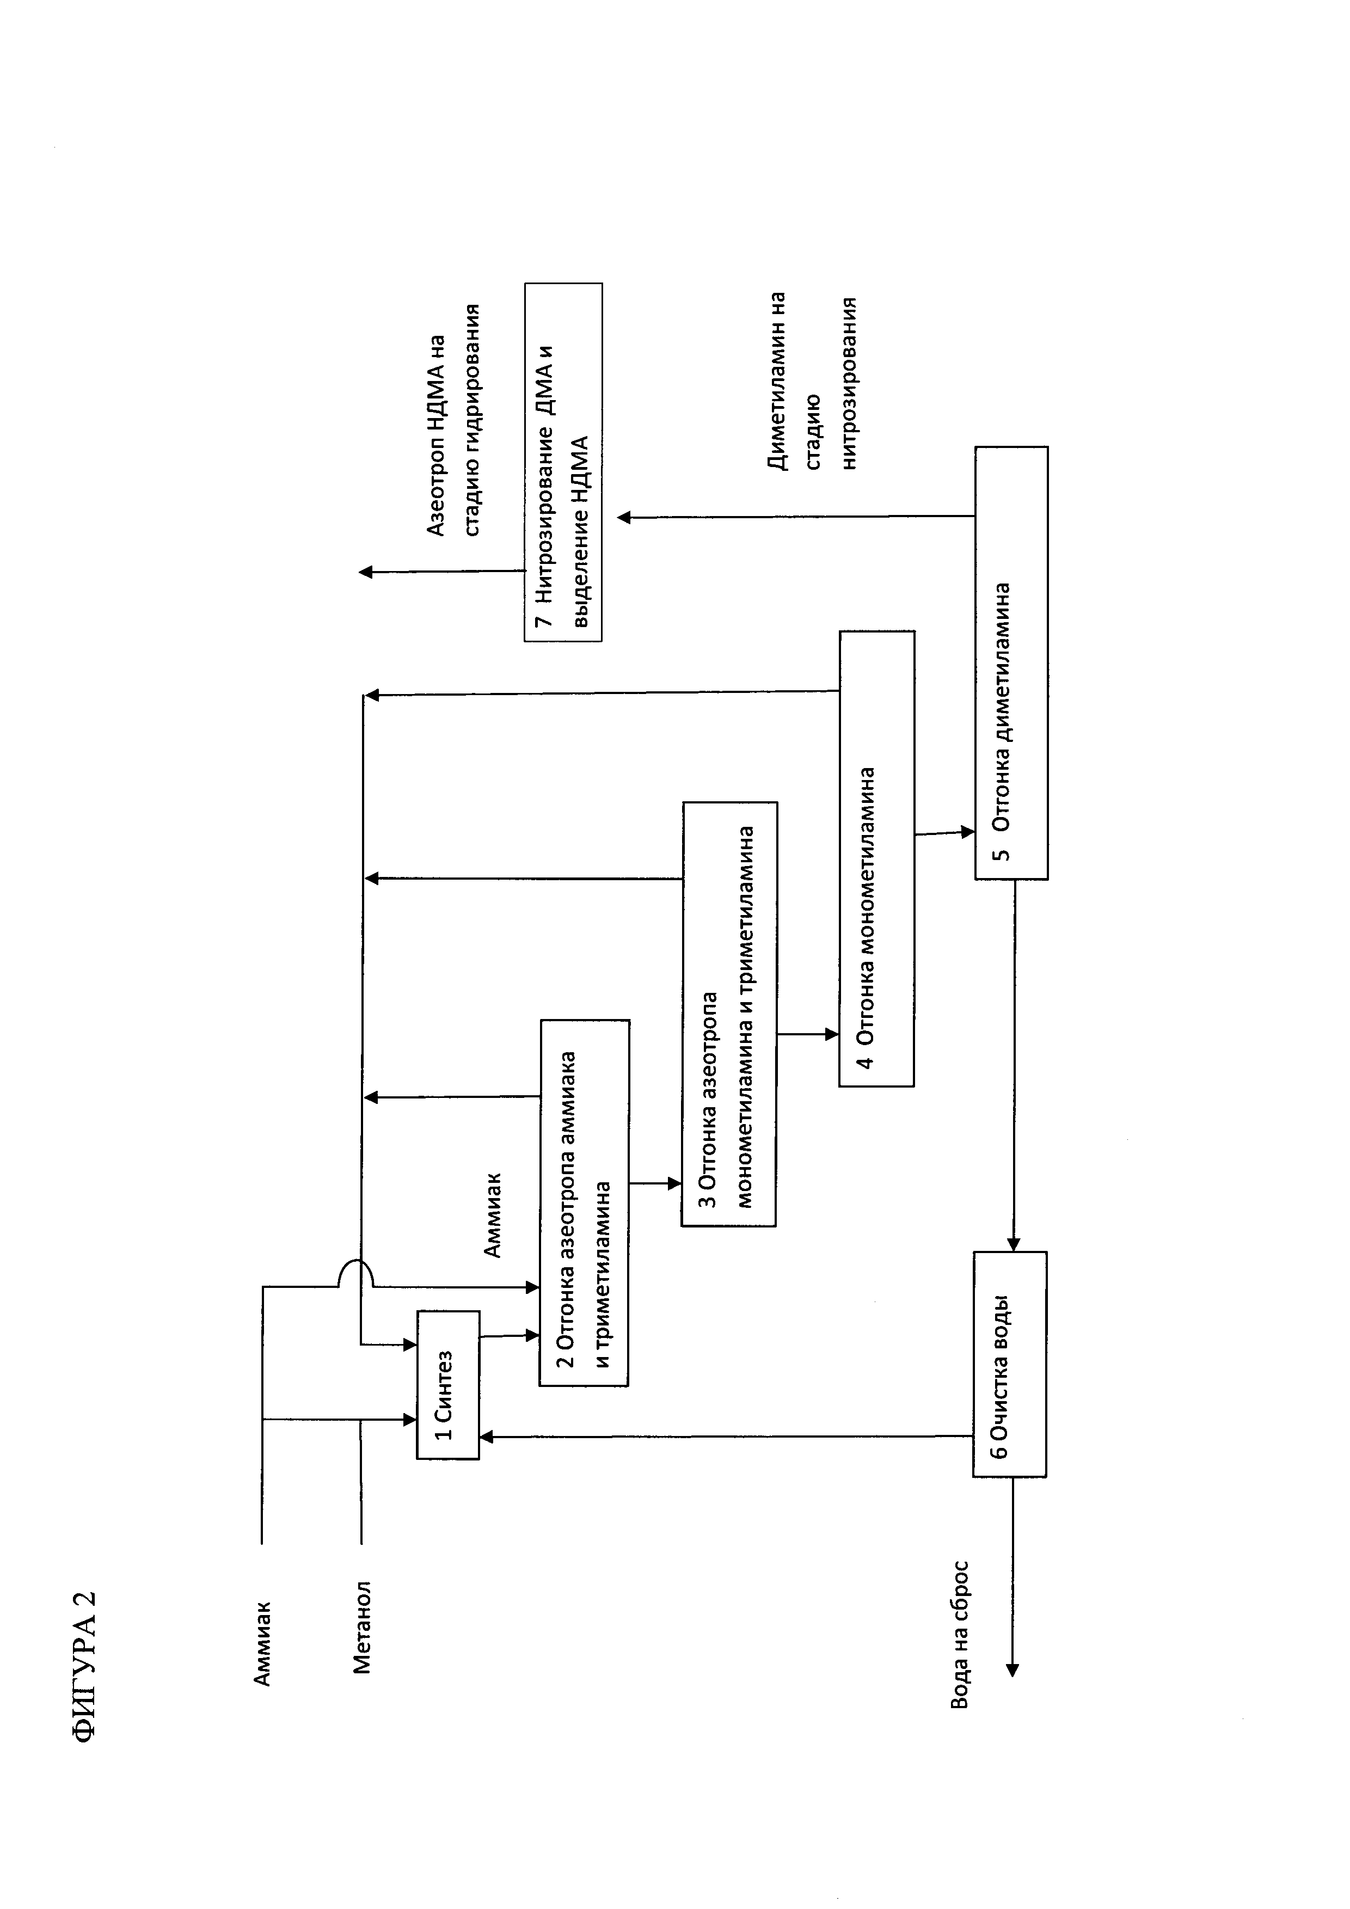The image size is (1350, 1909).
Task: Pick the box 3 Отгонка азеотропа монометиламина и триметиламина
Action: coord(729,1014)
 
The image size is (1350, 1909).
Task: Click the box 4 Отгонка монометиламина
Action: coord(876,858)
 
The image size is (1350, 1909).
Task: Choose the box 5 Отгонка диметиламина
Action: coord(1011,662)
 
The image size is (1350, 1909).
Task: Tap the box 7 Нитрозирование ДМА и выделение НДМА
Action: coord(563,462)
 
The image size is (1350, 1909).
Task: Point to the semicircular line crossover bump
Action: coord(356,1272)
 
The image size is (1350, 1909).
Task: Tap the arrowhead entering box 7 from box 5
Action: coord(623,517)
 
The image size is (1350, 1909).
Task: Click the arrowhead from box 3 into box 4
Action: coord(832,1034)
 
